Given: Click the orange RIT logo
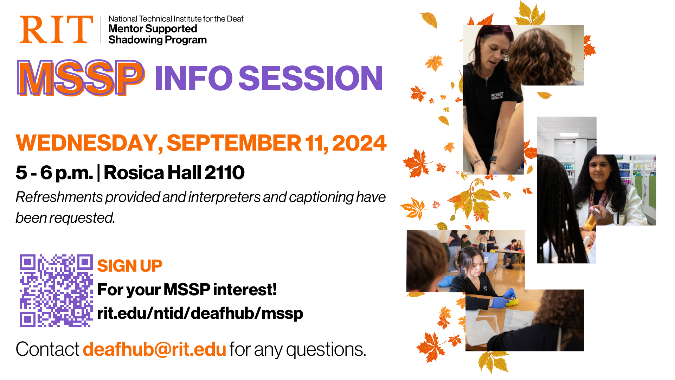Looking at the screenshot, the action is point(56,30).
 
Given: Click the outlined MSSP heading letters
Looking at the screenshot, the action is point(81,78).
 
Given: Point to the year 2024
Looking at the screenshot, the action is point(359,143).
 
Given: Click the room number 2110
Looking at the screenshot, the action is point(224,172).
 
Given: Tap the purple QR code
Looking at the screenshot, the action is point(56,291).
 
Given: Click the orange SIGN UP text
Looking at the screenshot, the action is point(129,266).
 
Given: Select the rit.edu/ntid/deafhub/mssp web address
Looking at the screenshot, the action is point(200,313).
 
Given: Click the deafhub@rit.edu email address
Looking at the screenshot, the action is point(154,349).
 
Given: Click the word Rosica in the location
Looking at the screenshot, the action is point(134,172).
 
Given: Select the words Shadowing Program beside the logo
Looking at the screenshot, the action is point(157,40).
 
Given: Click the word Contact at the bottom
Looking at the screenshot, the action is point(47,349).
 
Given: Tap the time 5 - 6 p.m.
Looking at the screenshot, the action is point(54,173).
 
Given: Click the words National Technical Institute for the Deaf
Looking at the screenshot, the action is point(176,19).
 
